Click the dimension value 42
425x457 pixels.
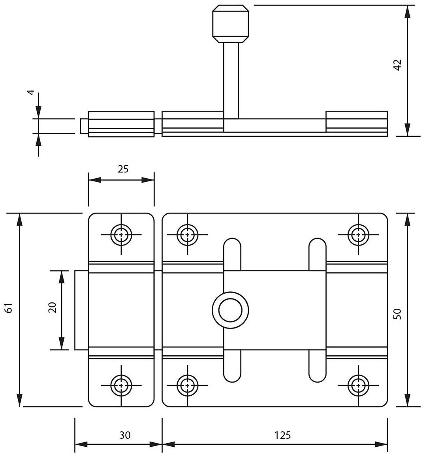(x=397, y=65)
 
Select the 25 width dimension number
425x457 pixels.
(x=123, y=169)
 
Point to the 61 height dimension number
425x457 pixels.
(x=10, y=308)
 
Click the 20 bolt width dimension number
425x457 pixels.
(x=53, y=307)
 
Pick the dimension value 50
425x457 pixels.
(x=397, y=313)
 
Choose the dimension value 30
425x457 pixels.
(x=124, y=435)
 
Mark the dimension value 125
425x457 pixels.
(x=282, y=435)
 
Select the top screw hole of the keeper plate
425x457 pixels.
(x=121, y=234)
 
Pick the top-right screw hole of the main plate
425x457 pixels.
(x=358, y=234)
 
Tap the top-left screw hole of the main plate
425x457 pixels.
(x=187, y=234)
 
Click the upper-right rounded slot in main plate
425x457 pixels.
(x=318, y=253)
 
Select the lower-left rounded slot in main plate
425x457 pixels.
(x=232, y=366)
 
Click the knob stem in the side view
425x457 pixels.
(x=231, y=79)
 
